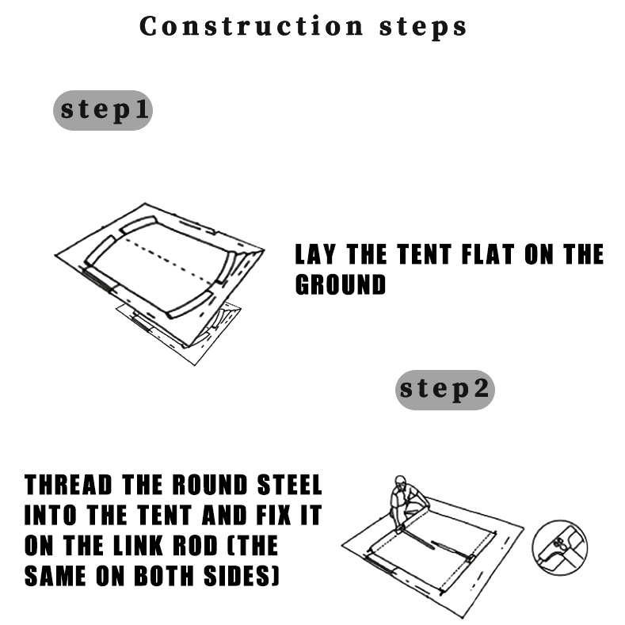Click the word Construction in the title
point(252,26)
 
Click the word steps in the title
point(422,28)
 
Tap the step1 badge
point(103,110)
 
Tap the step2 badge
point(445,390)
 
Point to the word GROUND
point(341,284)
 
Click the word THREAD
point(68,485)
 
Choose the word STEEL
point(289,485)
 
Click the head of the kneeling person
point(400,482)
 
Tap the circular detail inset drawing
point(559,547)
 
